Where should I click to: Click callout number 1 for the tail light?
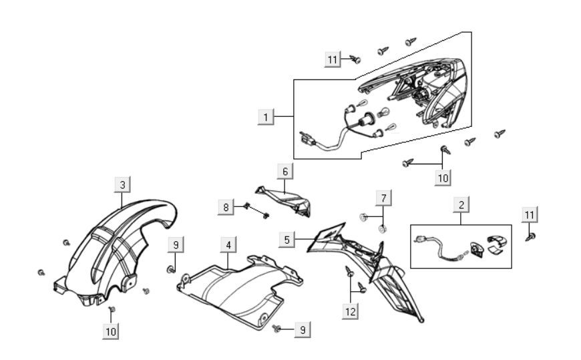pos(266,118)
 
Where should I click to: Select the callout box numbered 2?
pos(460,204)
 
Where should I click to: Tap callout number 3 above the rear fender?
pos(122,183)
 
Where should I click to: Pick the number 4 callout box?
pos(228,244)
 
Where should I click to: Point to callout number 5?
pos(286,238)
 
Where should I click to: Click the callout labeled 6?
pos(285,172)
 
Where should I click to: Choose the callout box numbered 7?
pos(383,198)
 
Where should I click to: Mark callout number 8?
pos(226,207)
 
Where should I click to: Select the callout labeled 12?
pos(351,311)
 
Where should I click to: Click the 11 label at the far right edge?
pos(530,214)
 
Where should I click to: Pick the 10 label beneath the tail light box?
pos(443,177)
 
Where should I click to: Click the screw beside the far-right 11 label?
pos(531,236)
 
